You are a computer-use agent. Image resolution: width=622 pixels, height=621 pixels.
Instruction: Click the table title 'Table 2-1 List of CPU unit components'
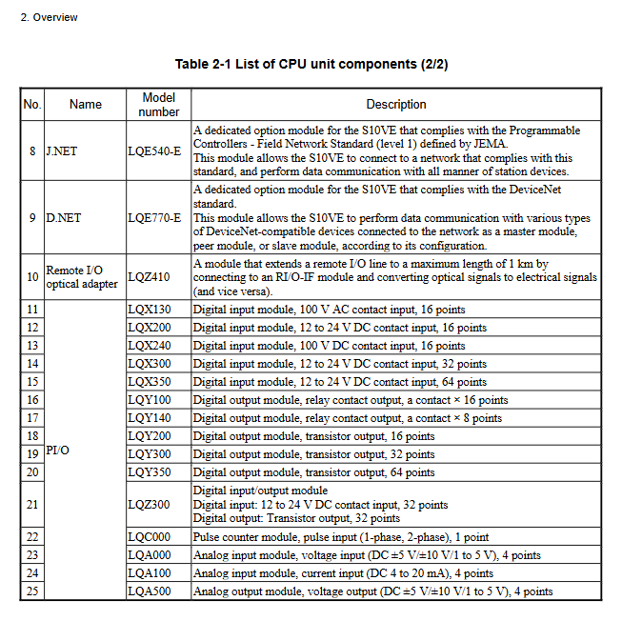[x=311, y=65]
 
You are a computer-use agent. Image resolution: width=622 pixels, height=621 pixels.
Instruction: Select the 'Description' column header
[x=396, y=105]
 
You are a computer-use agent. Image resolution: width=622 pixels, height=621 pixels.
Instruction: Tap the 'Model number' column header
[x=159, y=105]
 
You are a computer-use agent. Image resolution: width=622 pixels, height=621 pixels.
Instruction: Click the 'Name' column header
[x=85, y=105]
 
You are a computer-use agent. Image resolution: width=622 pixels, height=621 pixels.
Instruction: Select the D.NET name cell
[x=64, y=218]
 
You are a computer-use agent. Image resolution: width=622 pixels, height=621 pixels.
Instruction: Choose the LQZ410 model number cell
[x=150, y=277]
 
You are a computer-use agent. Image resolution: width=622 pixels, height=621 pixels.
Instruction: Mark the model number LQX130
[x=150, y=310]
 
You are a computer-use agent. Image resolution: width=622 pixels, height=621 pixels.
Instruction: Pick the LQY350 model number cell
[x=150, y=472]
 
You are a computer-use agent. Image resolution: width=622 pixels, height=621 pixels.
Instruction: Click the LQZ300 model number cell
[x=150, y=505]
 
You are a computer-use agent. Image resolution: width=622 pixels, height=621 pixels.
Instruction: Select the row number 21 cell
[x=32, y=505]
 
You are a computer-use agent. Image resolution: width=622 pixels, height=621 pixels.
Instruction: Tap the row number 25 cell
[x=32, y=591]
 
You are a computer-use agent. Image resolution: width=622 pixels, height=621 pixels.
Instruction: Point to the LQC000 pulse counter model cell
[x=150, y=537]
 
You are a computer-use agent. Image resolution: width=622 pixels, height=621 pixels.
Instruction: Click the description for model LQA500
[x=372, y=591]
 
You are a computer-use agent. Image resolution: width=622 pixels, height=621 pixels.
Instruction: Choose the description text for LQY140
[x=348, y=418]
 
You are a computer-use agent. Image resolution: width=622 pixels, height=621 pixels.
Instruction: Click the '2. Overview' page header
[x=49, y=17]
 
